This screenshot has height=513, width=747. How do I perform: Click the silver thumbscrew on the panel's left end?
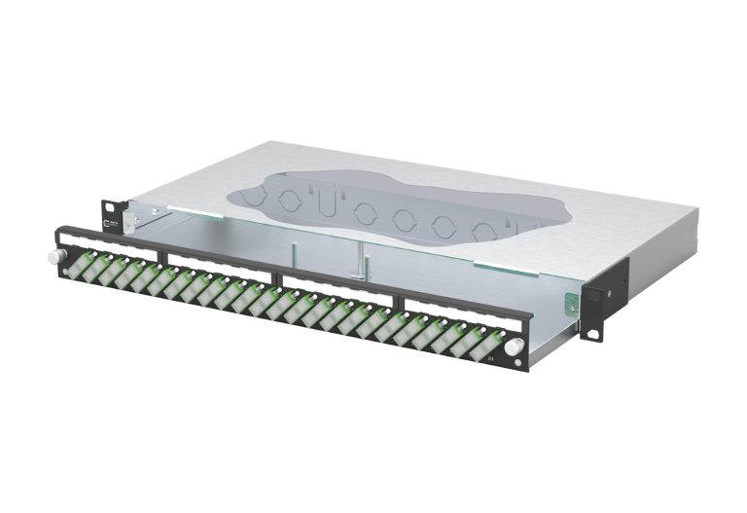(x=51, y=259)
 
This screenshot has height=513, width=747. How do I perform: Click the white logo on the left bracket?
(x=113, y=223)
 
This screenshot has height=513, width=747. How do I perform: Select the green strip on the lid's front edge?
(x=496, y=263)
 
